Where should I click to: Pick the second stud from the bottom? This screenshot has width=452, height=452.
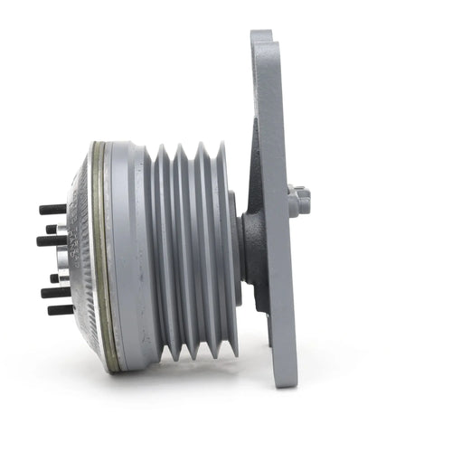click(54, 292)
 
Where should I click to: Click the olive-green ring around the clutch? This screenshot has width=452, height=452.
click(101, 253)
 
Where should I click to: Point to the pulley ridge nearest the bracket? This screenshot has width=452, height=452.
click(226, 253)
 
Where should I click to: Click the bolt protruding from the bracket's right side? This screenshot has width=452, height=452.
click(300, 200)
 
